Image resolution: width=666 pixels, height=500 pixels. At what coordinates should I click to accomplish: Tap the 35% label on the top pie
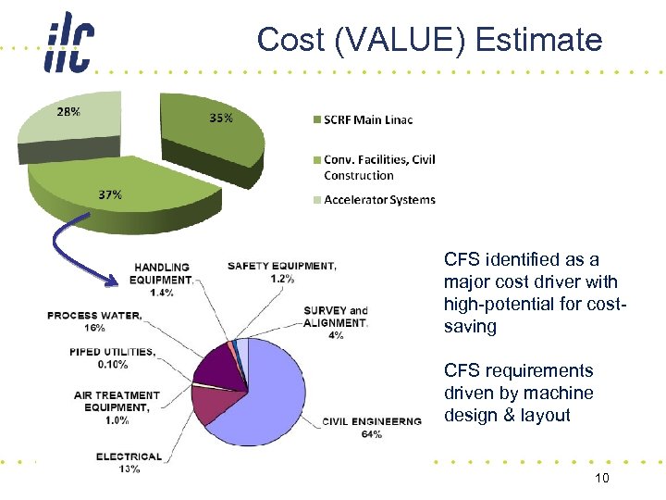[x=220, y=118]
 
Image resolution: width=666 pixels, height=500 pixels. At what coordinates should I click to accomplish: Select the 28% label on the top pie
[x=68, y=111]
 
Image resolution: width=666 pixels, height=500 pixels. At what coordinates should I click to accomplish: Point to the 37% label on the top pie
[x=110, y=194]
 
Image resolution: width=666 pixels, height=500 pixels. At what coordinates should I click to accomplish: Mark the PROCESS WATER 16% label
[x=95, y=320]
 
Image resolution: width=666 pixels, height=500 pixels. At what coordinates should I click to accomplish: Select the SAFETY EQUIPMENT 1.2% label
[x=282, y=271]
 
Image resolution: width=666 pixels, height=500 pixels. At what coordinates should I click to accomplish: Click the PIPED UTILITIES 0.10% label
[x=112, y=357]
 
